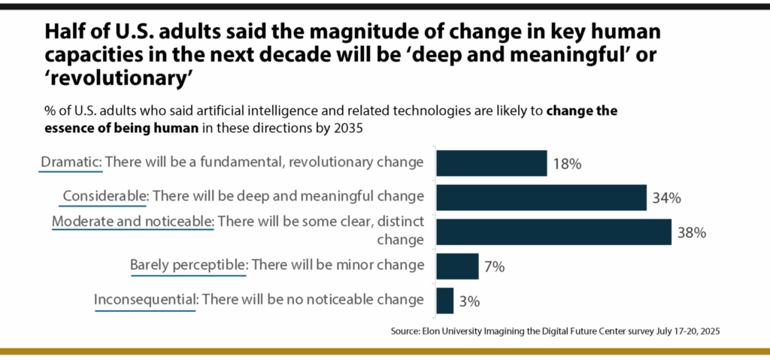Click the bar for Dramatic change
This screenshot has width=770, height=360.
[491, 163]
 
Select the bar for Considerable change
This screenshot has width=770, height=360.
[541, 198]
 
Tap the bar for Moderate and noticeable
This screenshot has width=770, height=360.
[553, 231]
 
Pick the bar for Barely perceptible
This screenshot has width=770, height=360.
[457, 266]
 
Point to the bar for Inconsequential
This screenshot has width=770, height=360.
[444, 300]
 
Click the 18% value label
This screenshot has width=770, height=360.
[566, 164]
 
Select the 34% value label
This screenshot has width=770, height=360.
[666, 198]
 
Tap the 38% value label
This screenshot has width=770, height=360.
[691, 232]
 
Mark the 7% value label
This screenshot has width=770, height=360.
[494, 267]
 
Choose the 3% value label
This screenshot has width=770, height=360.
[469, 301]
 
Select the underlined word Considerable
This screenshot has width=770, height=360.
[105, 196]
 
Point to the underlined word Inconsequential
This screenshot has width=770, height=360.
[145, 299]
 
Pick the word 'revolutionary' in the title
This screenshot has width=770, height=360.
[103, 77]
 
